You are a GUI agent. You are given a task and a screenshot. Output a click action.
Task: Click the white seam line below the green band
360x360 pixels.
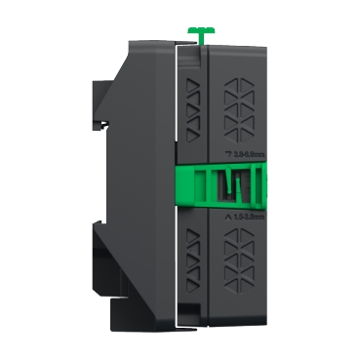[x=177, y=263]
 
